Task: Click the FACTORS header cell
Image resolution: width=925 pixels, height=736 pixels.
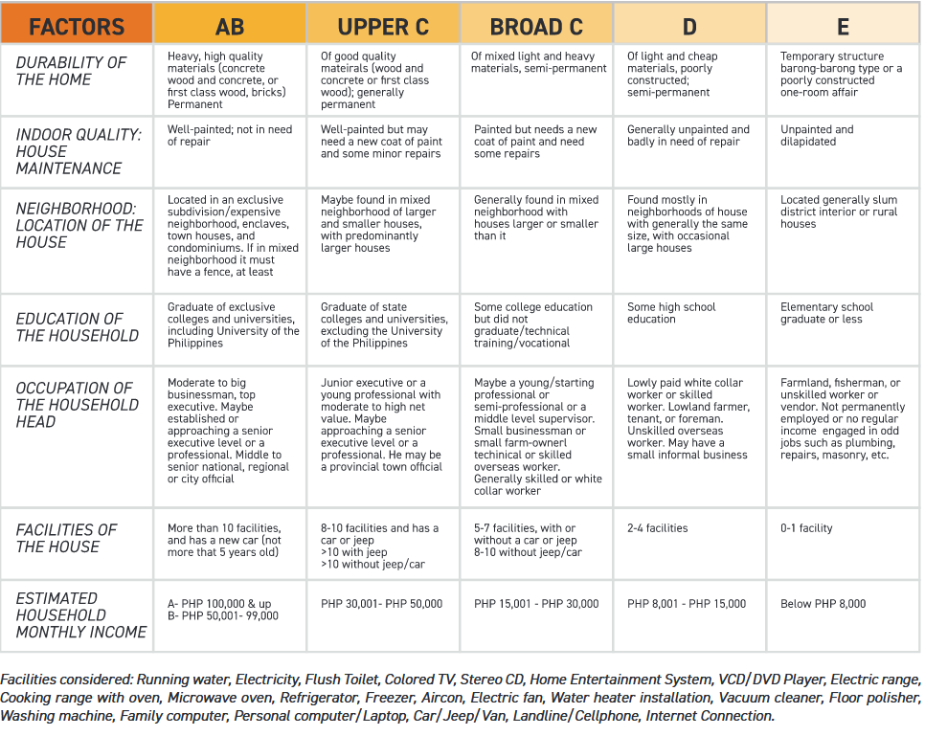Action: pos(77,25)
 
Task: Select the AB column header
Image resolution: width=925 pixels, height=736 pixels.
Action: pos(230,26)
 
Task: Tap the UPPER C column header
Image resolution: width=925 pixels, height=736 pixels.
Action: pos(383,26)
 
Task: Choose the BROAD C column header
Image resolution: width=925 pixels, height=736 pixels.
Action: pos(536,26)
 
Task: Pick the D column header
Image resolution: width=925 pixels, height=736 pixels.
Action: pos(689,26)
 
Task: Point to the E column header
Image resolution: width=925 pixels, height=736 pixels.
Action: pos(843,26)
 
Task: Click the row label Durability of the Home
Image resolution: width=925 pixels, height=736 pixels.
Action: pos(72,71)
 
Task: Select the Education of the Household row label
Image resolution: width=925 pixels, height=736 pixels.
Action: pos(78,327)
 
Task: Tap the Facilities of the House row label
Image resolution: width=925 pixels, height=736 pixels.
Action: pos(66,538)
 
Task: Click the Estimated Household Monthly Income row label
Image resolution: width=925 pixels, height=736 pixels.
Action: pos(81,614)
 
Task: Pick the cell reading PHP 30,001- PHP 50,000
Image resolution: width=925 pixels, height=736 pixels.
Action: pos(382,604)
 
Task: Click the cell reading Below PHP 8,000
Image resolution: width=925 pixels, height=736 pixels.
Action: pos(823,604)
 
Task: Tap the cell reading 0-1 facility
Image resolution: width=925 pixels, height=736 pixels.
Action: pos(806,528)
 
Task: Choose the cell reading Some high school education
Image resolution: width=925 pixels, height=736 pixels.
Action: pos(671,313)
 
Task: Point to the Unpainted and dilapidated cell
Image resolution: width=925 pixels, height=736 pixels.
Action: pos(817,136)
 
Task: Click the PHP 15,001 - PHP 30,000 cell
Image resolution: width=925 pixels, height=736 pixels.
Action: pos(536,604)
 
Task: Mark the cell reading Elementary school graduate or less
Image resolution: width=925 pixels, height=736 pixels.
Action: pos(826,313)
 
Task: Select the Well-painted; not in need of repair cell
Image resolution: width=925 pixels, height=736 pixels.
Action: pos(230,136)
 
